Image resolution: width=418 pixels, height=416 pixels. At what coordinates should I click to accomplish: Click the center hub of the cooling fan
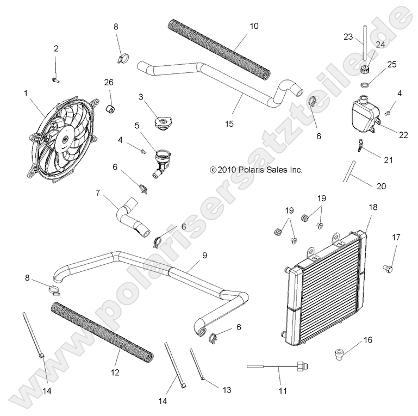64,140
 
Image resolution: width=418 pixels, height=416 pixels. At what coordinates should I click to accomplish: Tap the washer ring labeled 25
367,85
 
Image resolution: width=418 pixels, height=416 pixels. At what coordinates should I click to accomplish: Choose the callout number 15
214,123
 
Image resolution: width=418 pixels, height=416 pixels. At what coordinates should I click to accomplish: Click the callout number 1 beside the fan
26,93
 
